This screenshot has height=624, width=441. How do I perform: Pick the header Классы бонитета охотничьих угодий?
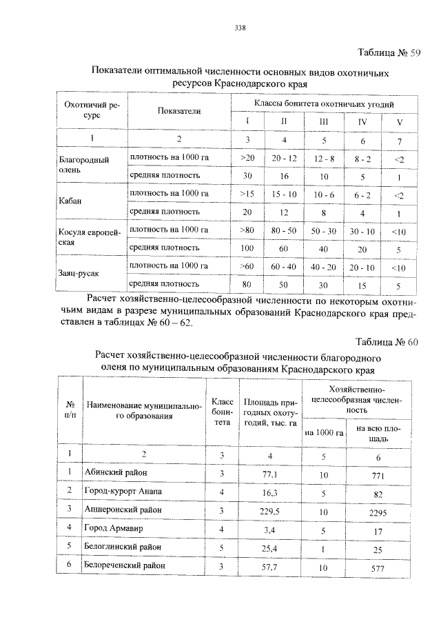(324, 103)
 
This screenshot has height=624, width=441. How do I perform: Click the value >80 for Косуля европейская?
(247, 230)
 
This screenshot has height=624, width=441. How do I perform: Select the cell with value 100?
(247, 248)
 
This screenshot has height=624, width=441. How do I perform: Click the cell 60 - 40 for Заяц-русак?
(283, 266)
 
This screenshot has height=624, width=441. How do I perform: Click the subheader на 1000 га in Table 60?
(324, 432)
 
